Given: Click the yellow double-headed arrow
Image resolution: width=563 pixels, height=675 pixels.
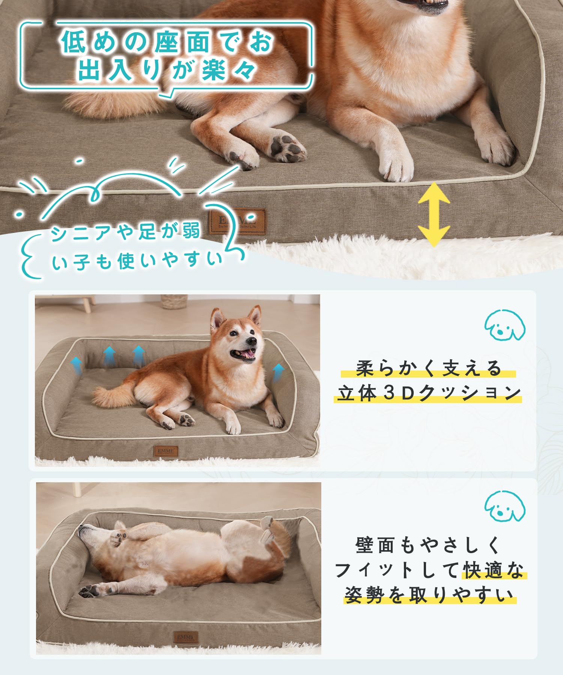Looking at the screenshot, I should coord(434,214).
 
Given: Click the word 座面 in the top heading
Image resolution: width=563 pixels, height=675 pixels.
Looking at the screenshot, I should coord(181,42).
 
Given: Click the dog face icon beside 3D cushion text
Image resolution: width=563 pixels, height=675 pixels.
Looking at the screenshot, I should coord(504,325).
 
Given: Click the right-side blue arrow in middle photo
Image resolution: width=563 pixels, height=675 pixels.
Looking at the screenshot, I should coord(278,372).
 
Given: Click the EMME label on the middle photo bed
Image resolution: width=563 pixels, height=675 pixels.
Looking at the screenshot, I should coord(166,451).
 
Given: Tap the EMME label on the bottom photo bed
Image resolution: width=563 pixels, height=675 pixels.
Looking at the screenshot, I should coord(185,637).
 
